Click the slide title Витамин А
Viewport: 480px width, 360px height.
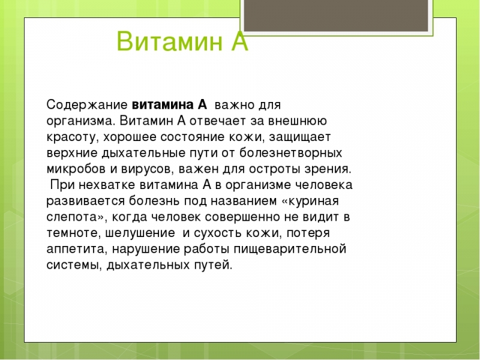tap(182, 42)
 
